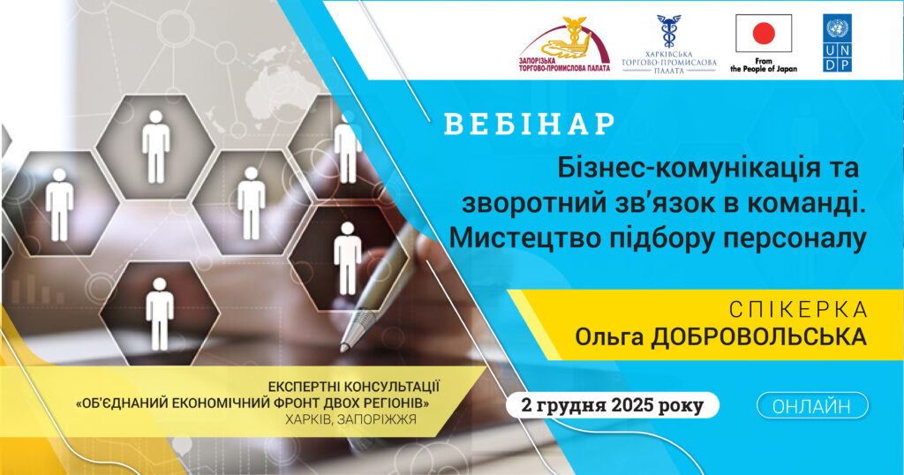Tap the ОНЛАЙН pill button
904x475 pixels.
coord(812,406)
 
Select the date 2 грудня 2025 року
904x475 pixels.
coord(613,406)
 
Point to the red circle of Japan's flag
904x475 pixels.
coord(763,34)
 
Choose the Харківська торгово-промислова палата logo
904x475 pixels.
coord(668,44)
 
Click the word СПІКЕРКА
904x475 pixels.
coord(798,311)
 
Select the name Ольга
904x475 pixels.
coord(610,337)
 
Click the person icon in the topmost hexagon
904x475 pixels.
coord(156,146)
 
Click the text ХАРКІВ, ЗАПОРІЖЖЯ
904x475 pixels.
coord(345,419)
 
